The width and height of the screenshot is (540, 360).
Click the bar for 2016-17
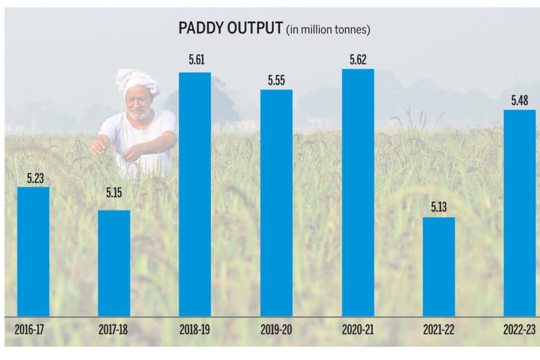click(33, 251)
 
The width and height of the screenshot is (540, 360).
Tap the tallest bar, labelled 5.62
click(358, 193)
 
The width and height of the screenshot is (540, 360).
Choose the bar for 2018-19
click(195, 194)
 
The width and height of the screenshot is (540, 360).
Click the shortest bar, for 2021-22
click(439, 266)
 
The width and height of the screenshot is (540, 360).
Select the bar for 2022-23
click(519, 213)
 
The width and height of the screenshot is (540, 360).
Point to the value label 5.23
click(33, 178)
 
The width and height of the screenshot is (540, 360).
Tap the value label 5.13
click(439, 208)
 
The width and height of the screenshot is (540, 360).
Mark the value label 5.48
click(519, 101)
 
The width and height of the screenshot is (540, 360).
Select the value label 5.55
click(276, 81)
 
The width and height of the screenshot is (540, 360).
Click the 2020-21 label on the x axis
click(358, 330)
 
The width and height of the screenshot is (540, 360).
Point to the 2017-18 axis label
click(114, 330)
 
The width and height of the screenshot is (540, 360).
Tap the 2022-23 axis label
click(519, 330)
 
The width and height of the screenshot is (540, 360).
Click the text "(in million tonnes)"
click(328, 29)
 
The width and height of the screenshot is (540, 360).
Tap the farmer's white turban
click(137, 81)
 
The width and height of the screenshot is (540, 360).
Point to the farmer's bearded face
click(139, 107)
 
